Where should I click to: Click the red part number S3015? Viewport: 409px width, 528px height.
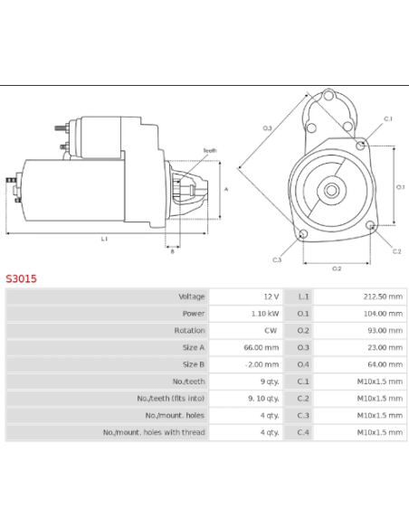[22, 279]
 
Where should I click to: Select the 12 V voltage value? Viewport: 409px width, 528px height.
[271, 297]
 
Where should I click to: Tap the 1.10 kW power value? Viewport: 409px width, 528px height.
[266, 314]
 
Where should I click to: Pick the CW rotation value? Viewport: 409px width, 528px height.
[271, 331]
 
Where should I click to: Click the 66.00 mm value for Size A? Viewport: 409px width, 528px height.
[263, 347]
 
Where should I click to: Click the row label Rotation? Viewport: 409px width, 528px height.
[190, 331]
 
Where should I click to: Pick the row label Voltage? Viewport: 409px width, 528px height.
[192, 297]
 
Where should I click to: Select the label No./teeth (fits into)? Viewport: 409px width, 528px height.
[171, 398]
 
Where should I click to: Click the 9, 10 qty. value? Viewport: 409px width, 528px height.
[264, 398]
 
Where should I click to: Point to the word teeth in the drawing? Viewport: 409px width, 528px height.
[210, 150]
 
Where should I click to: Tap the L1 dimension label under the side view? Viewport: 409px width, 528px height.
[104, 239]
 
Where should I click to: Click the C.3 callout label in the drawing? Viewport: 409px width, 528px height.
[277, 260]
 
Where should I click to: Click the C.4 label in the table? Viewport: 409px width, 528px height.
[303, 432]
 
